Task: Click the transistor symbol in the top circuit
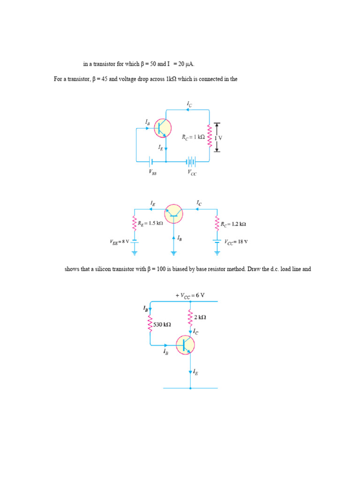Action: point(163,127)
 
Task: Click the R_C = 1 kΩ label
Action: point(193,137)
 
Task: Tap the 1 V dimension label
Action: point(218,138)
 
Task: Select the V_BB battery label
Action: point(153,172)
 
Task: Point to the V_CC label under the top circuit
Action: point(192,172)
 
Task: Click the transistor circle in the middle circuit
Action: point(174,214)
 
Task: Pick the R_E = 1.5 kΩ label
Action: point(150,224)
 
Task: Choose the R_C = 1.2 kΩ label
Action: point(233,224)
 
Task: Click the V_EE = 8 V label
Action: point(119,242)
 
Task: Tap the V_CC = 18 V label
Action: point(236,242)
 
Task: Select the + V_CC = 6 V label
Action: point(190,295)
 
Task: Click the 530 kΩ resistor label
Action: point(162,324)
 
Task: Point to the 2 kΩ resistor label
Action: point(200,317)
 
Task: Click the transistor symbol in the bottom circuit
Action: point(186,345)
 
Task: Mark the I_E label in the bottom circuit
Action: point(195,372)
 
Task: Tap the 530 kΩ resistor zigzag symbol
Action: point(150,324)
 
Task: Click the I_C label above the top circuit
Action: point(189,104)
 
